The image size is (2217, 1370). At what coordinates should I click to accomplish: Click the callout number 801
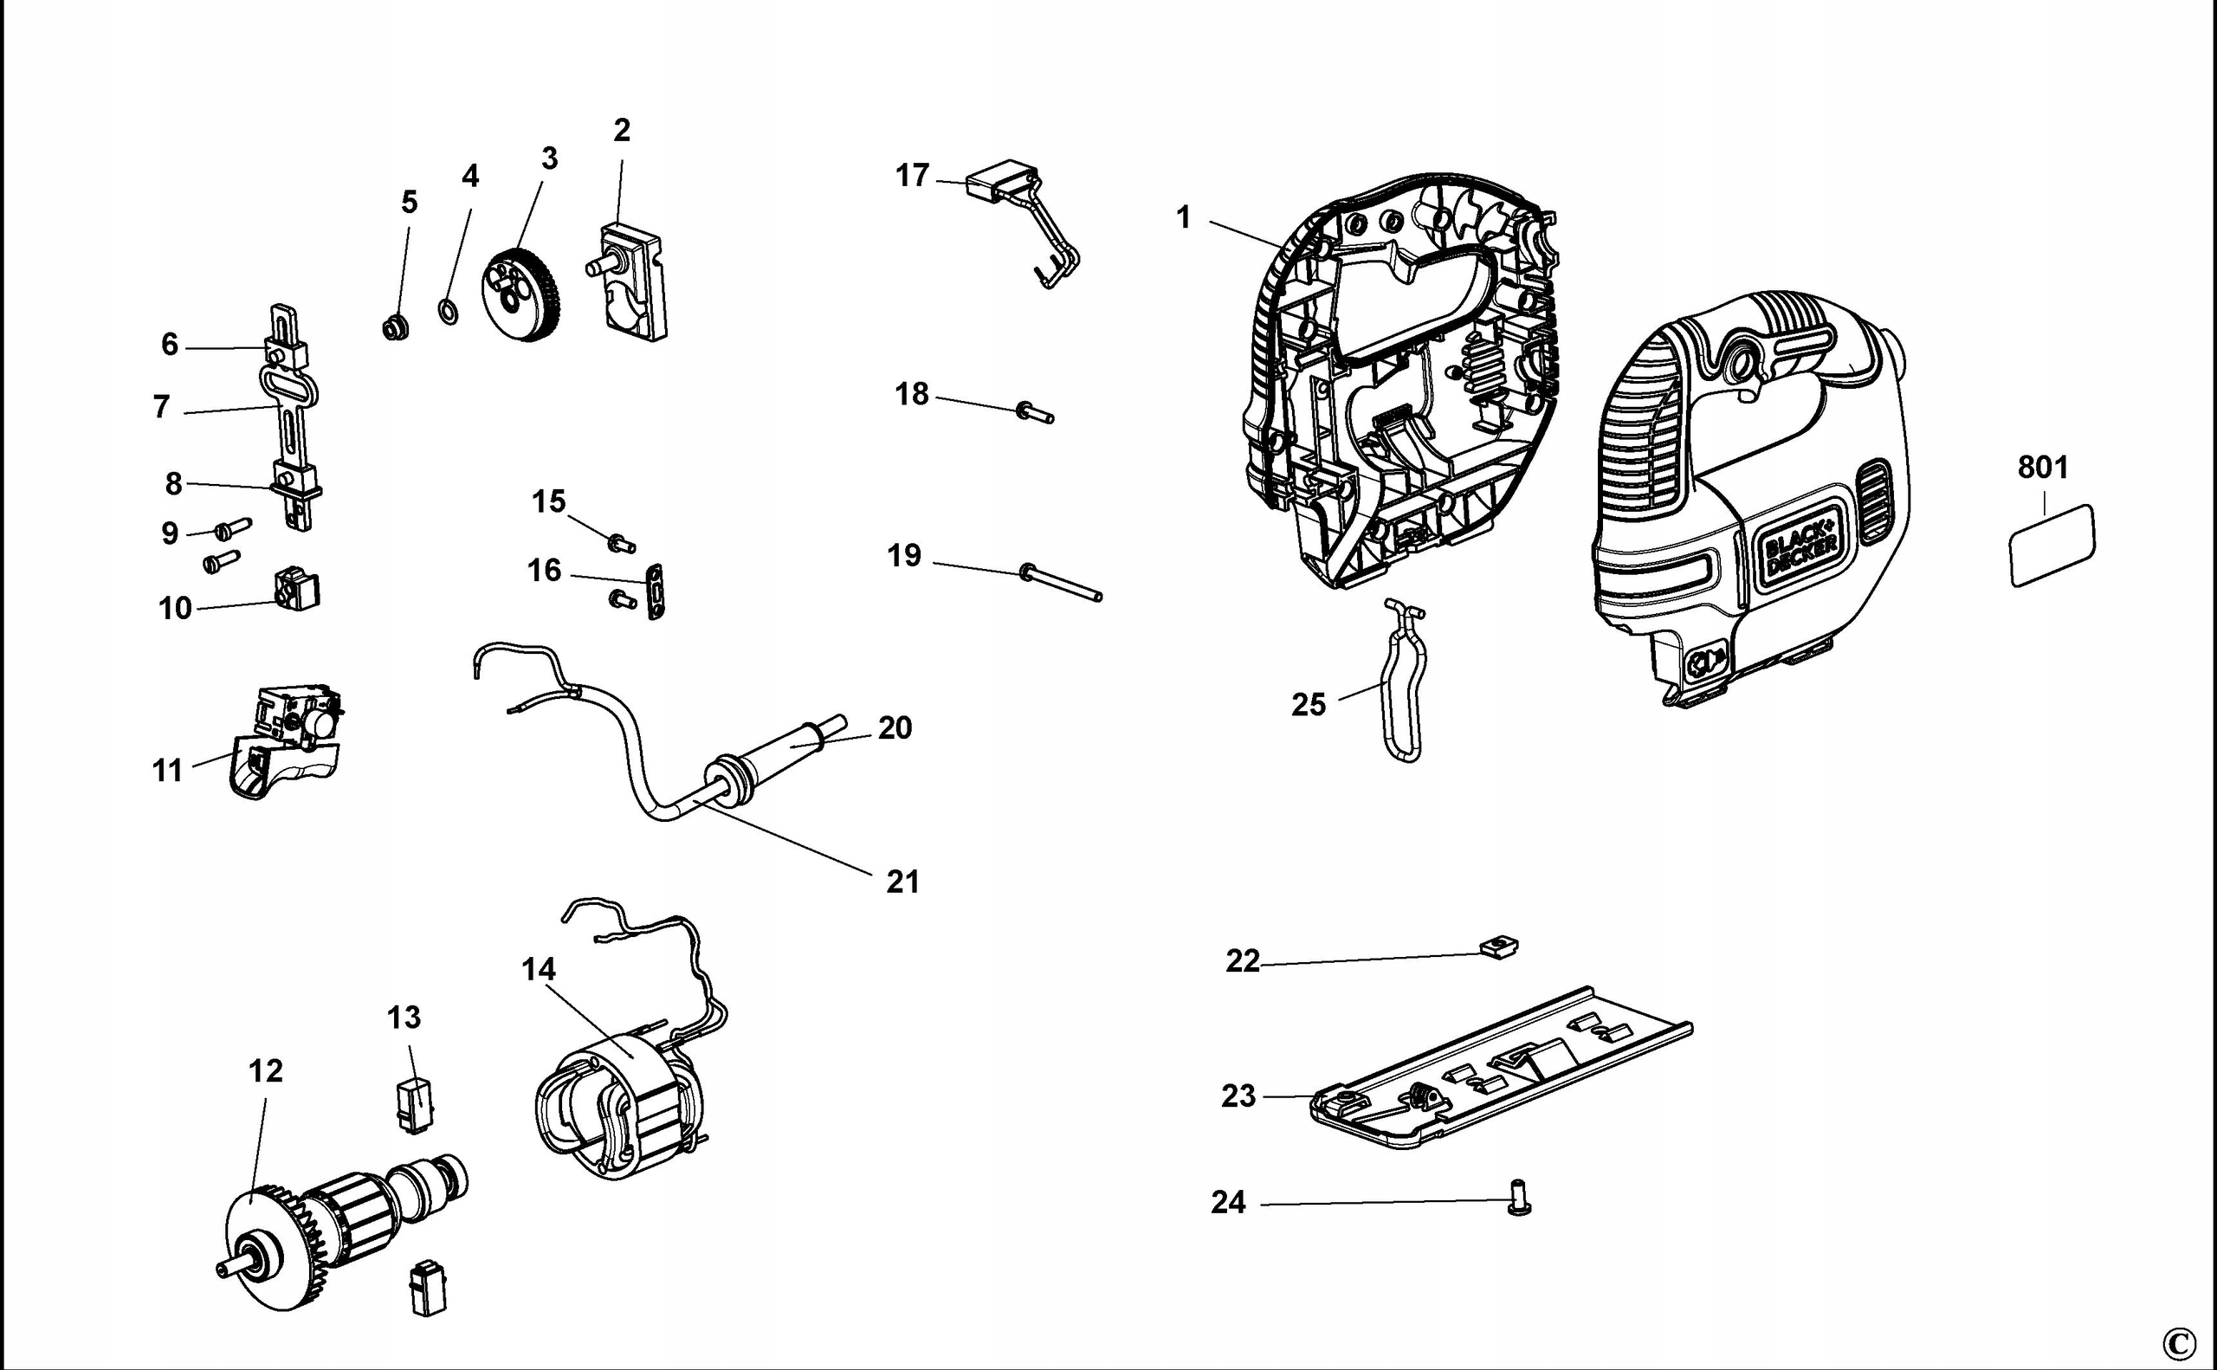(x=2042, y=468)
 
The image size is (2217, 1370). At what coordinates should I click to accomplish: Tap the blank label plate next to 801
(x=2052, y=546)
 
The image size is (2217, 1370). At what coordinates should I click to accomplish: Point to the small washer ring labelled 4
(x=448, y=313)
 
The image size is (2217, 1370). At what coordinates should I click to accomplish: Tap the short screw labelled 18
(x=1036, y=413)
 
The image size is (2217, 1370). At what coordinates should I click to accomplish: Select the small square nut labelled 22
(x=1499, y=947)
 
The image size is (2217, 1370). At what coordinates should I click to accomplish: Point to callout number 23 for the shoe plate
(x=1238, y=1096)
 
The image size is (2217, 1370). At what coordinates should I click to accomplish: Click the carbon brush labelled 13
(x=416, y=1104)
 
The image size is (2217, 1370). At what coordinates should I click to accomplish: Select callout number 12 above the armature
(x=266, y=1071)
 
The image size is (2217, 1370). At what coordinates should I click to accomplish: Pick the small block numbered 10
(x=297, y=591)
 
